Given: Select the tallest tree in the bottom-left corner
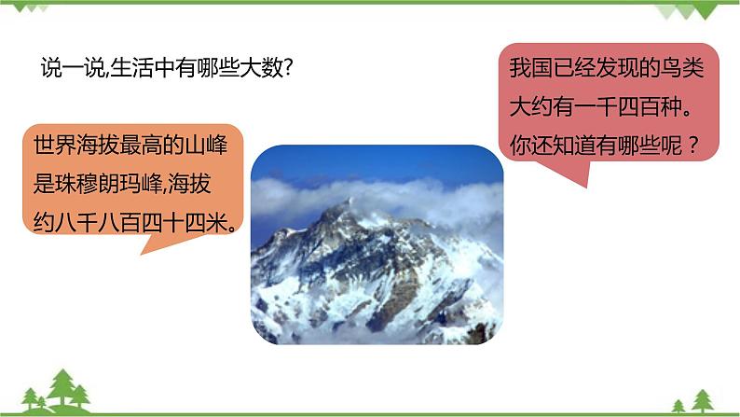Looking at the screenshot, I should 63,386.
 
